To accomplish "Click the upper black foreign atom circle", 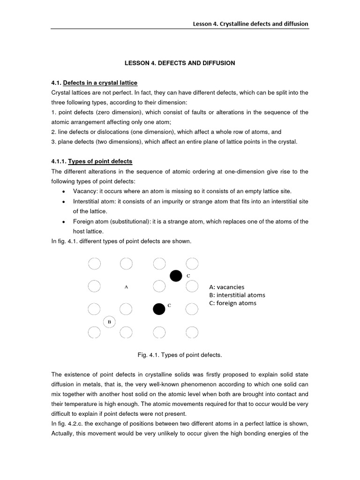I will [x=176, y=276].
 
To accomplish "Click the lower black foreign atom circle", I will [x=159, y=309].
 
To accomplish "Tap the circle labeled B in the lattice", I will [x=109, y=322].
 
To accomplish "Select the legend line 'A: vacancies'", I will [x=227, y=287].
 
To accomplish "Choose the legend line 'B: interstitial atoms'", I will [x=237, y=295].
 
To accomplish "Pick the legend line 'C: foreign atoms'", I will [x=233, y=303].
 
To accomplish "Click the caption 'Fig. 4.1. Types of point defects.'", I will [x=180, y=355].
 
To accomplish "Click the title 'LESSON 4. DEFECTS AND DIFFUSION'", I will [x=180, y=63].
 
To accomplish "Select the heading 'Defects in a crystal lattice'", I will [x=100, y=83].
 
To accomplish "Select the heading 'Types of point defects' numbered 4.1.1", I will [x=100, y=161].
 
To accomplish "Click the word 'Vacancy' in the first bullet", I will [x=84, y=191].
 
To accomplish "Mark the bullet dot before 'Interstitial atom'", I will [x=63, y=202].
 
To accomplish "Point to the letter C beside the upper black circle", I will [x=188, y=276].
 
